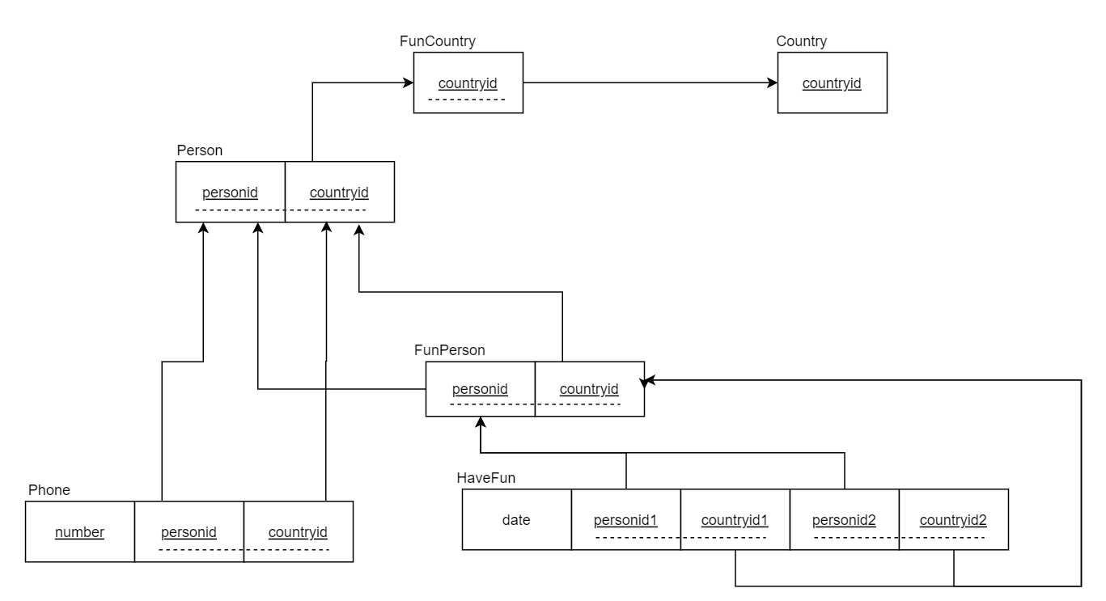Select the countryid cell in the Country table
832,83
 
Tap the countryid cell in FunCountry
468,83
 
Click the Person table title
199,150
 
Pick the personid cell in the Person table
231,192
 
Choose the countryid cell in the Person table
340,192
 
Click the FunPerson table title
449,350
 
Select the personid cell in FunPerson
480,389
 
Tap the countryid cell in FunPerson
589,389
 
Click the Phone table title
49,490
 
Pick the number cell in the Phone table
79,531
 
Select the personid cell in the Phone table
189,531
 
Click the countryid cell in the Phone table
298,531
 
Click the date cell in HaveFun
516,519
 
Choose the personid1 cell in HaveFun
625,519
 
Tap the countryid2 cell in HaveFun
953,519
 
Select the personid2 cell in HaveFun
844,519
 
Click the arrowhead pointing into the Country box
772,83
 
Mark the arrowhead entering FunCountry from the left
408,83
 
